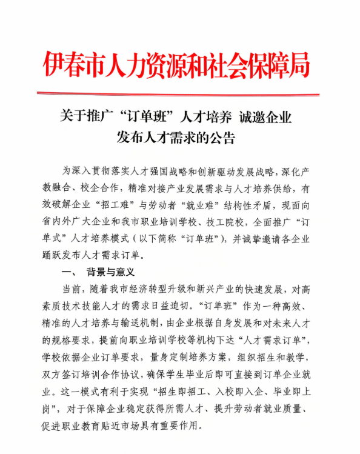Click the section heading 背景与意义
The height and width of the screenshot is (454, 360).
110,272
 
